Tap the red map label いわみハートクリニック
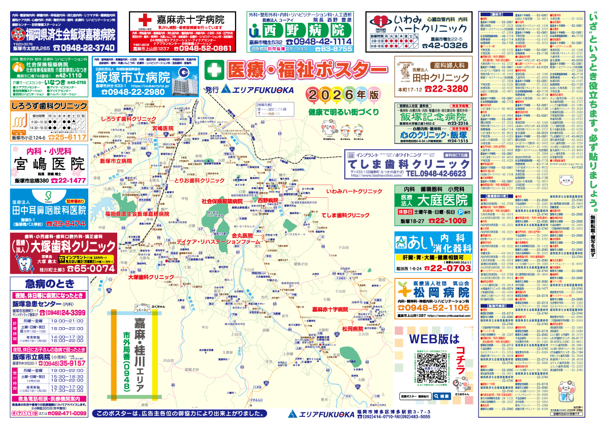point(354,192)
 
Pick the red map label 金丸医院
point(242,236)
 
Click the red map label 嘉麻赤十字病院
point(330,309)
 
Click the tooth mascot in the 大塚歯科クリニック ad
point(23,264)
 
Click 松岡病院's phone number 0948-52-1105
point(437,308)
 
